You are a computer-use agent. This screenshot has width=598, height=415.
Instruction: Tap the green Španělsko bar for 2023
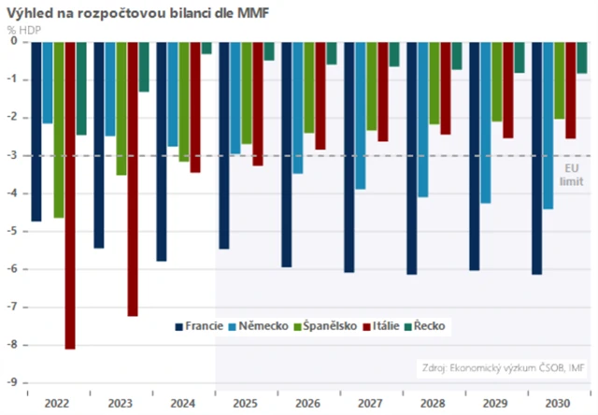point(121,107)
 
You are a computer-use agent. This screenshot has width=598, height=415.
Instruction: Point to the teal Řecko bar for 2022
point(81,88)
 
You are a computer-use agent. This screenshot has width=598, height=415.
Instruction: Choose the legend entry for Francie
point(199,326)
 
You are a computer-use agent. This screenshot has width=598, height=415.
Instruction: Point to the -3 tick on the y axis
point(12,155)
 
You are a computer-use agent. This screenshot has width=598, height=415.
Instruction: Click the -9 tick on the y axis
point(12,382)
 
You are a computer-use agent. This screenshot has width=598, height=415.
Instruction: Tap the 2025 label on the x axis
point(246,402)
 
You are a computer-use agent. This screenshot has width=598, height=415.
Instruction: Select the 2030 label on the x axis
point(559,402)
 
